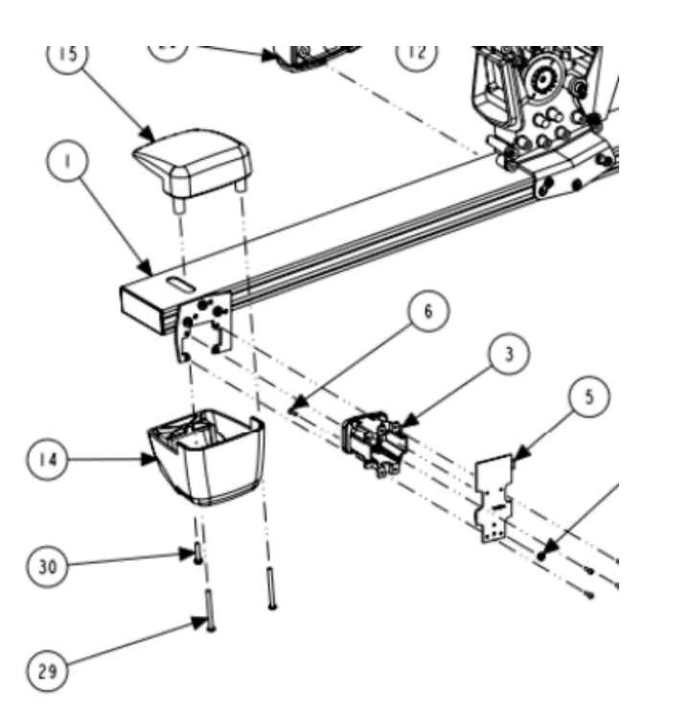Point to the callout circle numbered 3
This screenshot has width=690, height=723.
click(509, 353)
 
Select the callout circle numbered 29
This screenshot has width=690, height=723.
click(47, 671)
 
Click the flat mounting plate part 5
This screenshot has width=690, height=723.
click(497, 498)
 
